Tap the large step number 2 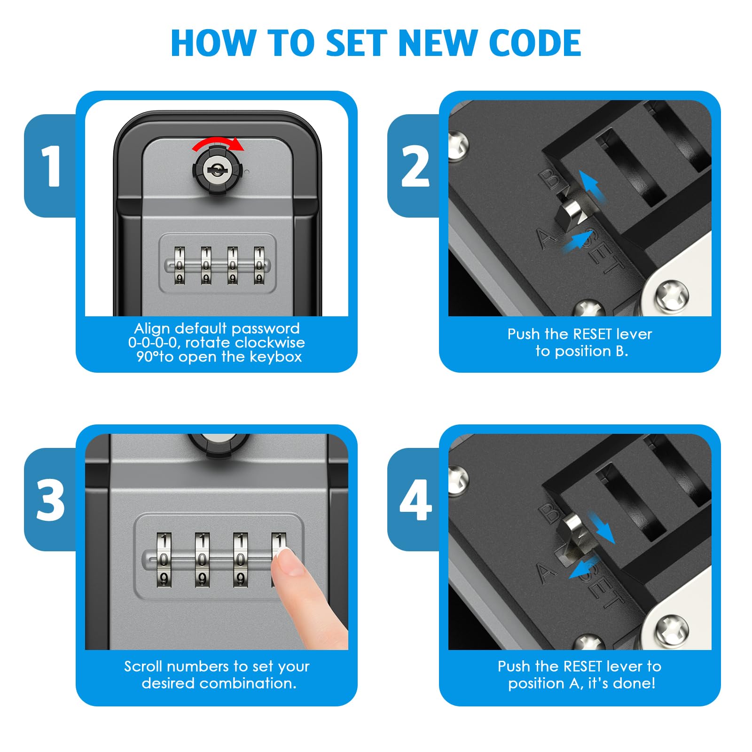[415, 166]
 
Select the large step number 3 [51, 500]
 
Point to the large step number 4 [415, 500]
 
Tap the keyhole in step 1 [216, 170]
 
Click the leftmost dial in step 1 [180, 266]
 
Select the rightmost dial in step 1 [259, 266]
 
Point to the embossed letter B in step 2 [549, 179]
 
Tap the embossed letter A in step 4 [546, 572]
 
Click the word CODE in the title [535, 43]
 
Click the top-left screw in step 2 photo [457, 145]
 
